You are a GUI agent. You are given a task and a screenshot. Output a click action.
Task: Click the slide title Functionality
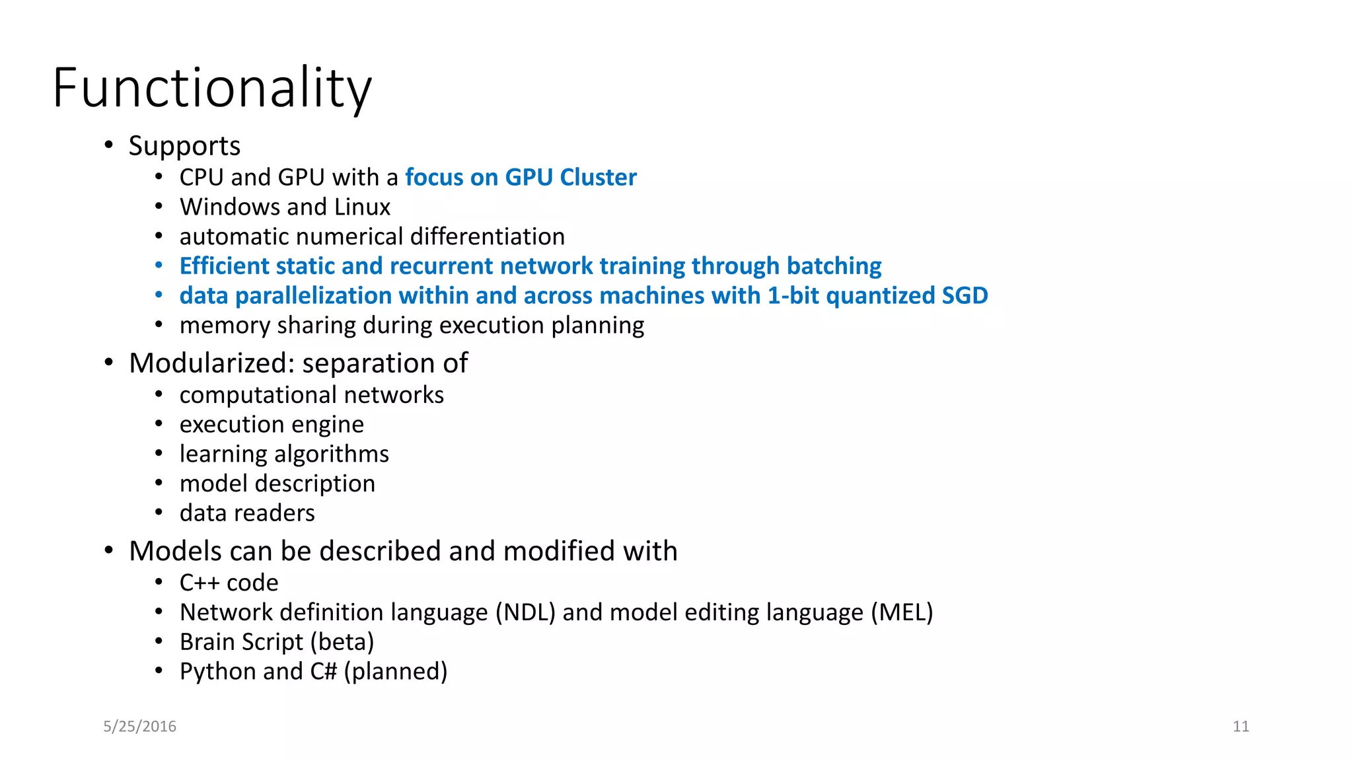(212, 88)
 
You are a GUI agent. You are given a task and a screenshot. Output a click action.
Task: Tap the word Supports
(184, 146)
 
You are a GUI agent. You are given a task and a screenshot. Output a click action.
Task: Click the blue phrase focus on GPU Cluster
(521, 177)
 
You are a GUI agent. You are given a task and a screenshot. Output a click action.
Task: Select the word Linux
(362, 207)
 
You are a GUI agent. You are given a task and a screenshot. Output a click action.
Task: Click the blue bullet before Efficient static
(159, 266)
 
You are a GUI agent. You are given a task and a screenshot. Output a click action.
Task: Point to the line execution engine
(272, 424)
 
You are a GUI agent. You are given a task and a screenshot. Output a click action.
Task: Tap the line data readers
(247, 513)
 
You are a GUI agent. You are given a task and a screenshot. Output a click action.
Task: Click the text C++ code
(229, 583)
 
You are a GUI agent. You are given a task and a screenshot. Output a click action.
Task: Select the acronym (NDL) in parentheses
(525, 612)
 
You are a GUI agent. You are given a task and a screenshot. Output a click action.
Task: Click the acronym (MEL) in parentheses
(902, 612)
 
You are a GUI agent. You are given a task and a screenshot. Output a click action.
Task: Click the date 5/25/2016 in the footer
(139, 727)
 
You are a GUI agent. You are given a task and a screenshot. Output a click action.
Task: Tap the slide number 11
(1241, 727)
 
